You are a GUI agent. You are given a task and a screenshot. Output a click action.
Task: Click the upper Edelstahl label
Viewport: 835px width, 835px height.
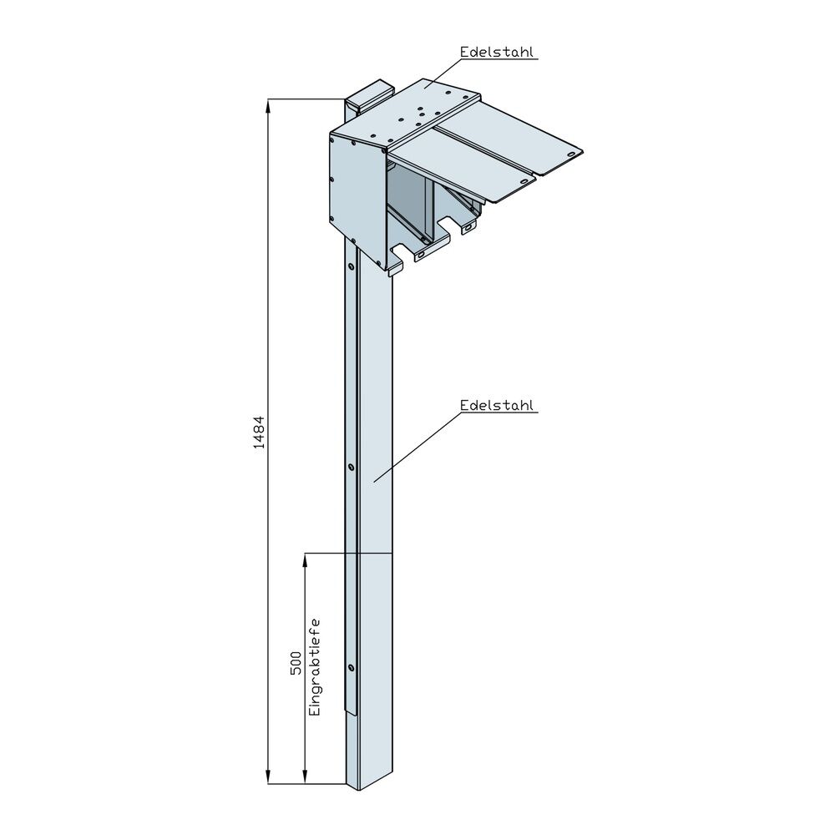[498, 52]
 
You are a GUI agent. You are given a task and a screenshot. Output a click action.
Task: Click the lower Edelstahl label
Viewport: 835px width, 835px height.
[498, 406]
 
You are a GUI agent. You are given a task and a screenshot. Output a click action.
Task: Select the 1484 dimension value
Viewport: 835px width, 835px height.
[259, 433]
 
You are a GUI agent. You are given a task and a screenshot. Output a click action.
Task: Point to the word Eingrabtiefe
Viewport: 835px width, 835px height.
[315, 667]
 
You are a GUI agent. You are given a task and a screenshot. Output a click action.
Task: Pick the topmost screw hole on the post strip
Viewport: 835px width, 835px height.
[351, 266]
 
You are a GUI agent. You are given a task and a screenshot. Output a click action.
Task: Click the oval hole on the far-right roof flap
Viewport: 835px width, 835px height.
[573, 154]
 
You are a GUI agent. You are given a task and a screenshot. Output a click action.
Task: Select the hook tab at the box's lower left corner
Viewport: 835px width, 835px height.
[395, 266]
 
